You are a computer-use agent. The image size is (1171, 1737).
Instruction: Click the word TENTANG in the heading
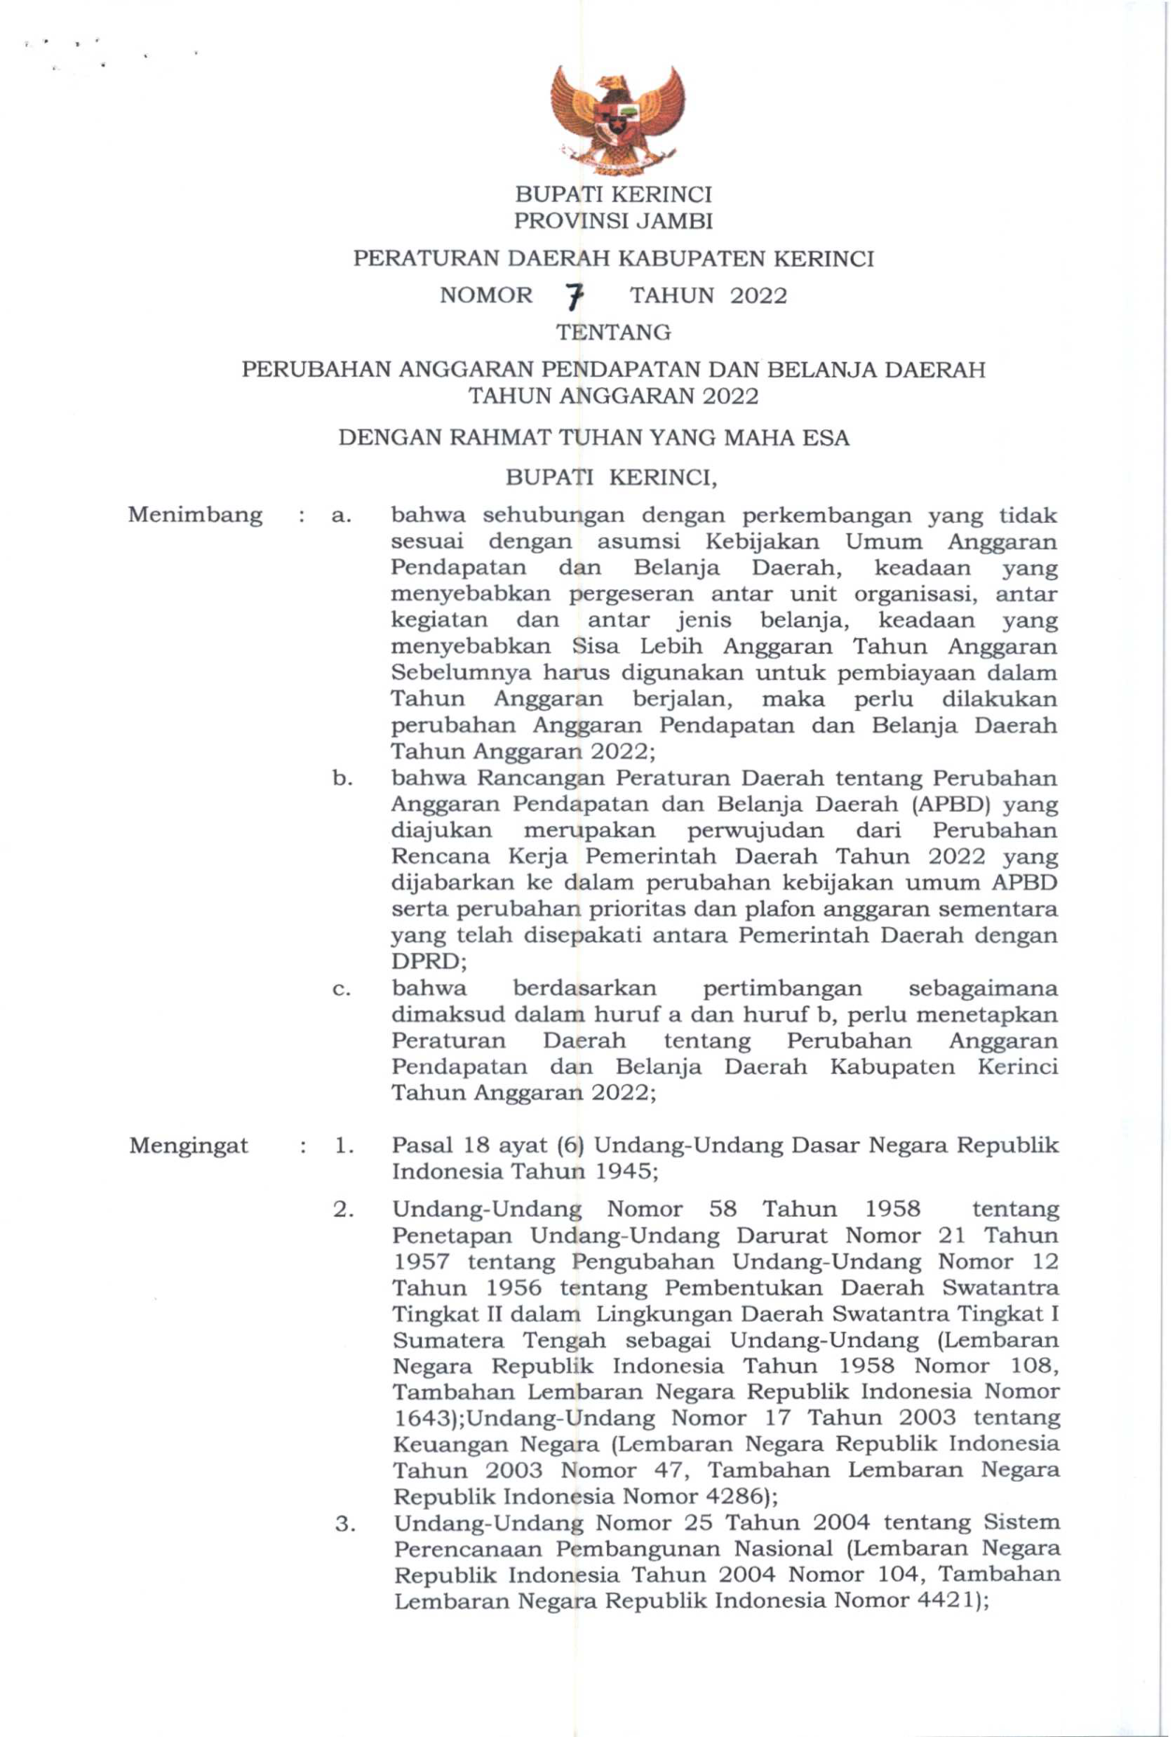tap(614, 332)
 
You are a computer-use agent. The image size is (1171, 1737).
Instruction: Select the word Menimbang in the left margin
tap(195, 515)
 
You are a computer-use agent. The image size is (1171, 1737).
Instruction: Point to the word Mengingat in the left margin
tap(189, 1146)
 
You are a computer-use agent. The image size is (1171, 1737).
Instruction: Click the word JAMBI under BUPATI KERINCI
tap(673, 222)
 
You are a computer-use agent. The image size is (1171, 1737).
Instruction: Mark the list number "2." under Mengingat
tap(343, 1209)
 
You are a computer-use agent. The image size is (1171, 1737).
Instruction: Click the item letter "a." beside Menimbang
tap(341, 515)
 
